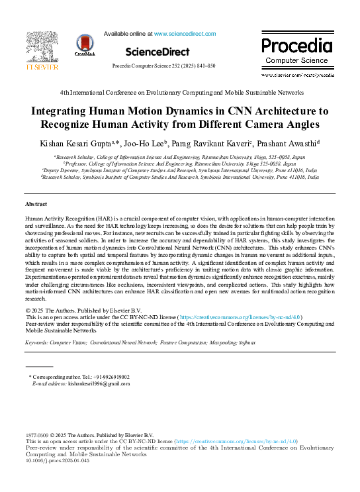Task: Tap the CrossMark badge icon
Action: click(x=85, y=46)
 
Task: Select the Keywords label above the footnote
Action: click(x=38, y=343)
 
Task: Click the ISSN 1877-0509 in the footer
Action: click(x=38, y=434)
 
